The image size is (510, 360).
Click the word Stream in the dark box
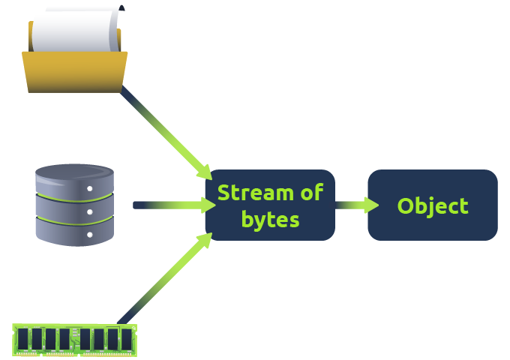tap(253, 193)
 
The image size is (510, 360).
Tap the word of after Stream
tap(310, 193)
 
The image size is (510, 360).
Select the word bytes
tap(270, 220)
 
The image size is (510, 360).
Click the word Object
tap(433, 206)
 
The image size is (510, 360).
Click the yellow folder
tap(74, 72)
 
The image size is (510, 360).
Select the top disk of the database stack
tap(74, 180)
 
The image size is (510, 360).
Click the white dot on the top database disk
tap(90, 189)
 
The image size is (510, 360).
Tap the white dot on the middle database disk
tap(90, 212)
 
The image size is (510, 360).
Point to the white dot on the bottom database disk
tap(90, 235)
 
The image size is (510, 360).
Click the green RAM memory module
tap(75, 339)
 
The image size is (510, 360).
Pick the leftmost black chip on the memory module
tap(24, 338)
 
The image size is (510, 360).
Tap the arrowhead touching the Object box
tap(370, 205)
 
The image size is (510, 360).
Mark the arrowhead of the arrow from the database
tap(208, 205)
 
